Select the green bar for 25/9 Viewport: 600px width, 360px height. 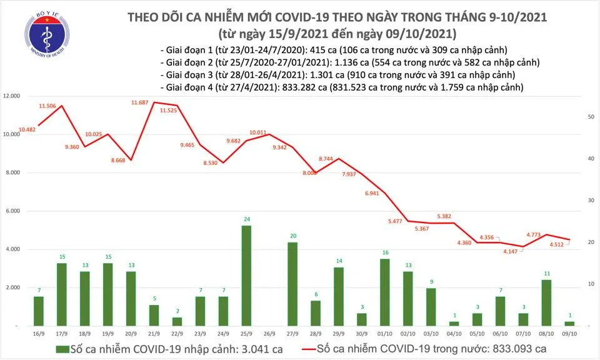[246, 275]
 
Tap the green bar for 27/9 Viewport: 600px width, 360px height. [292, 284]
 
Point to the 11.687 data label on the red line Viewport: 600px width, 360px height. [140, 102]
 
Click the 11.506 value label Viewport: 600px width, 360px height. [48, 106]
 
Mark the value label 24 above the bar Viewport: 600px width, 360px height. [246, 219]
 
